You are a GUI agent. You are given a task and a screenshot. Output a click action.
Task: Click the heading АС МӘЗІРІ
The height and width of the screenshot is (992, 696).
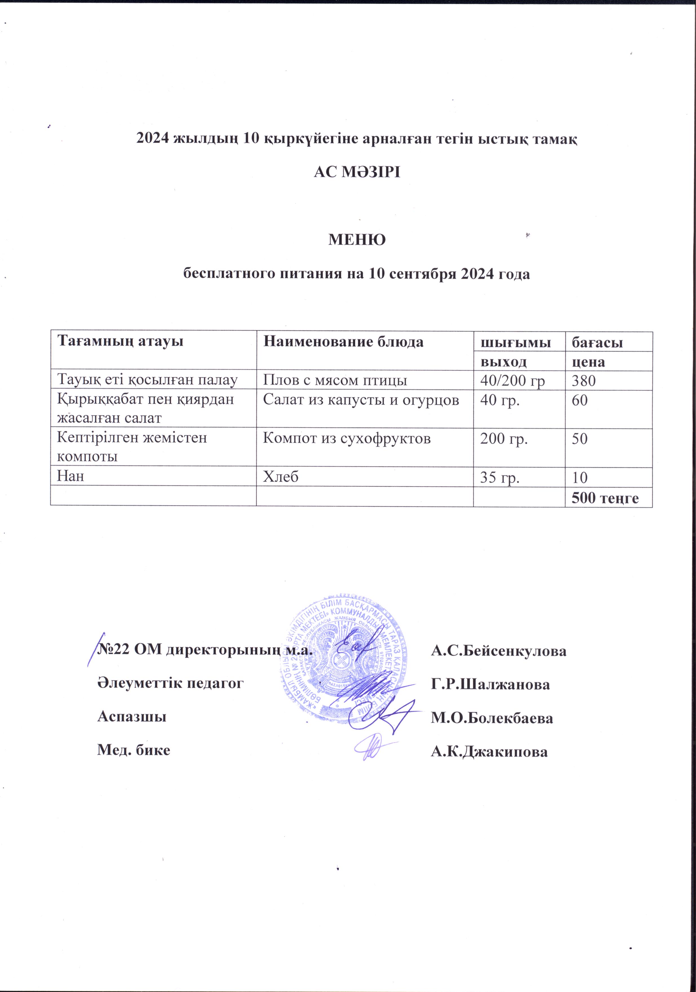pos(357,172)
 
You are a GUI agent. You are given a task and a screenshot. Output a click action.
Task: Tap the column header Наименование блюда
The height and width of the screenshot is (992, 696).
pos(343,342)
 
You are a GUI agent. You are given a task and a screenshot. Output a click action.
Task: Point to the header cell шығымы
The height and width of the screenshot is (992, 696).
pos(516,343)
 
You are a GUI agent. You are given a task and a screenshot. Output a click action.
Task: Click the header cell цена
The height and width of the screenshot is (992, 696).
pos(588,361)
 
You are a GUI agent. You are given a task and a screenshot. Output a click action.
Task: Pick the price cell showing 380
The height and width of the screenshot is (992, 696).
pos(584,381)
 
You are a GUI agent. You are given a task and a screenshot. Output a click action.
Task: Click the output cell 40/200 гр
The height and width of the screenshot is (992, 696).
pos(513,381)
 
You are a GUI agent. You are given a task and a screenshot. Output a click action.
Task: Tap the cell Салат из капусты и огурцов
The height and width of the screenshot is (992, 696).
pos(361,400)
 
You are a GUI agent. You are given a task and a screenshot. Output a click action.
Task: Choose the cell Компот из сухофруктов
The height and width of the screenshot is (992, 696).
pos(347,438)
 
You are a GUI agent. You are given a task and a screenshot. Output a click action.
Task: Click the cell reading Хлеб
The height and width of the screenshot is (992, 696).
pos(281,476)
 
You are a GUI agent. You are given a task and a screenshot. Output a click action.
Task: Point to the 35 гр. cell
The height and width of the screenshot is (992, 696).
pos(500,477)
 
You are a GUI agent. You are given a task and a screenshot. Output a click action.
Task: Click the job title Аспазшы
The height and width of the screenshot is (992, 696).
pos(132,716)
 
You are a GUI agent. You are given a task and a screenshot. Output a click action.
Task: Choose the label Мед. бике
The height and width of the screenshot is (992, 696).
pos(133,749)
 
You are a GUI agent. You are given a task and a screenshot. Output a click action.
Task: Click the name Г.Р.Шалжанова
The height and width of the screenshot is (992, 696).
pos(491,684)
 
